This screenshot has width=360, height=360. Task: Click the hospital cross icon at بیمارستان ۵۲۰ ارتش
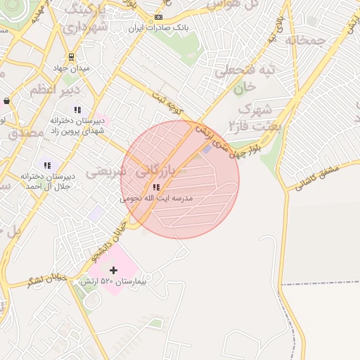tap(113, 270)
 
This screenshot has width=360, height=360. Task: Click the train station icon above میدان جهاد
tap(71, 57)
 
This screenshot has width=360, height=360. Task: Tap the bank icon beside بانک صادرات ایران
tap(159, 17)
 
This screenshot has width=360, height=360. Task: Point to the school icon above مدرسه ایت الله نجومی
tap(156, 187)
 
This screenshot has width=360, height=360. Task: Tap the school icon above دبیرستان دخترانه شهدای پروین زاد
tap(77, 110)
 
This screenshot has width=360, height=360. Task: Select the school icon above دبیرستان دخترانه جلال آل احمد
tap(47, 165)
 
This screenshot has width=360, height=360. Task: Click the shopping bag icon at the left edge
tap(6, 101)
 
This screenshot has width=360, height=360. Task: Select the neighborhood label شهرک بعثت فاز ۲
tap(253, 118)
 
